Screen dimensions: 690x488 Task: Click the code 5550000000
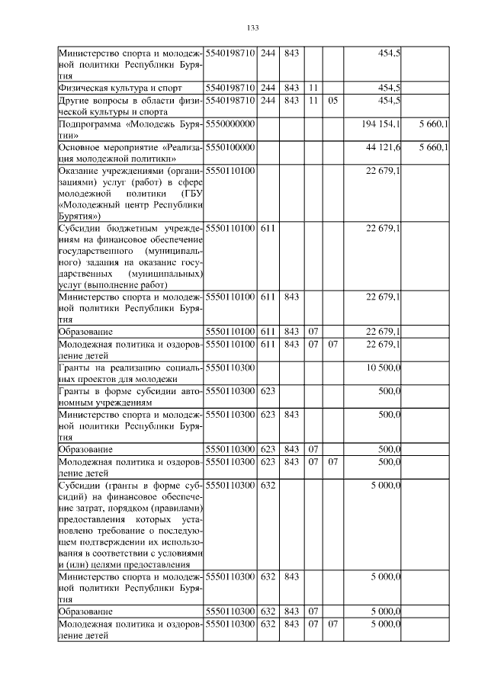[230, 124]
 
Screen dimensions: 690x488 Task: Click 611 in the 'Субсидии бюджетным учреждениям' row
[268, 228]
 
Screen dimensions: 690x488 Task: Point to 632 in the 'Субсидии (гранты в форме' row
[268, 485]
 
